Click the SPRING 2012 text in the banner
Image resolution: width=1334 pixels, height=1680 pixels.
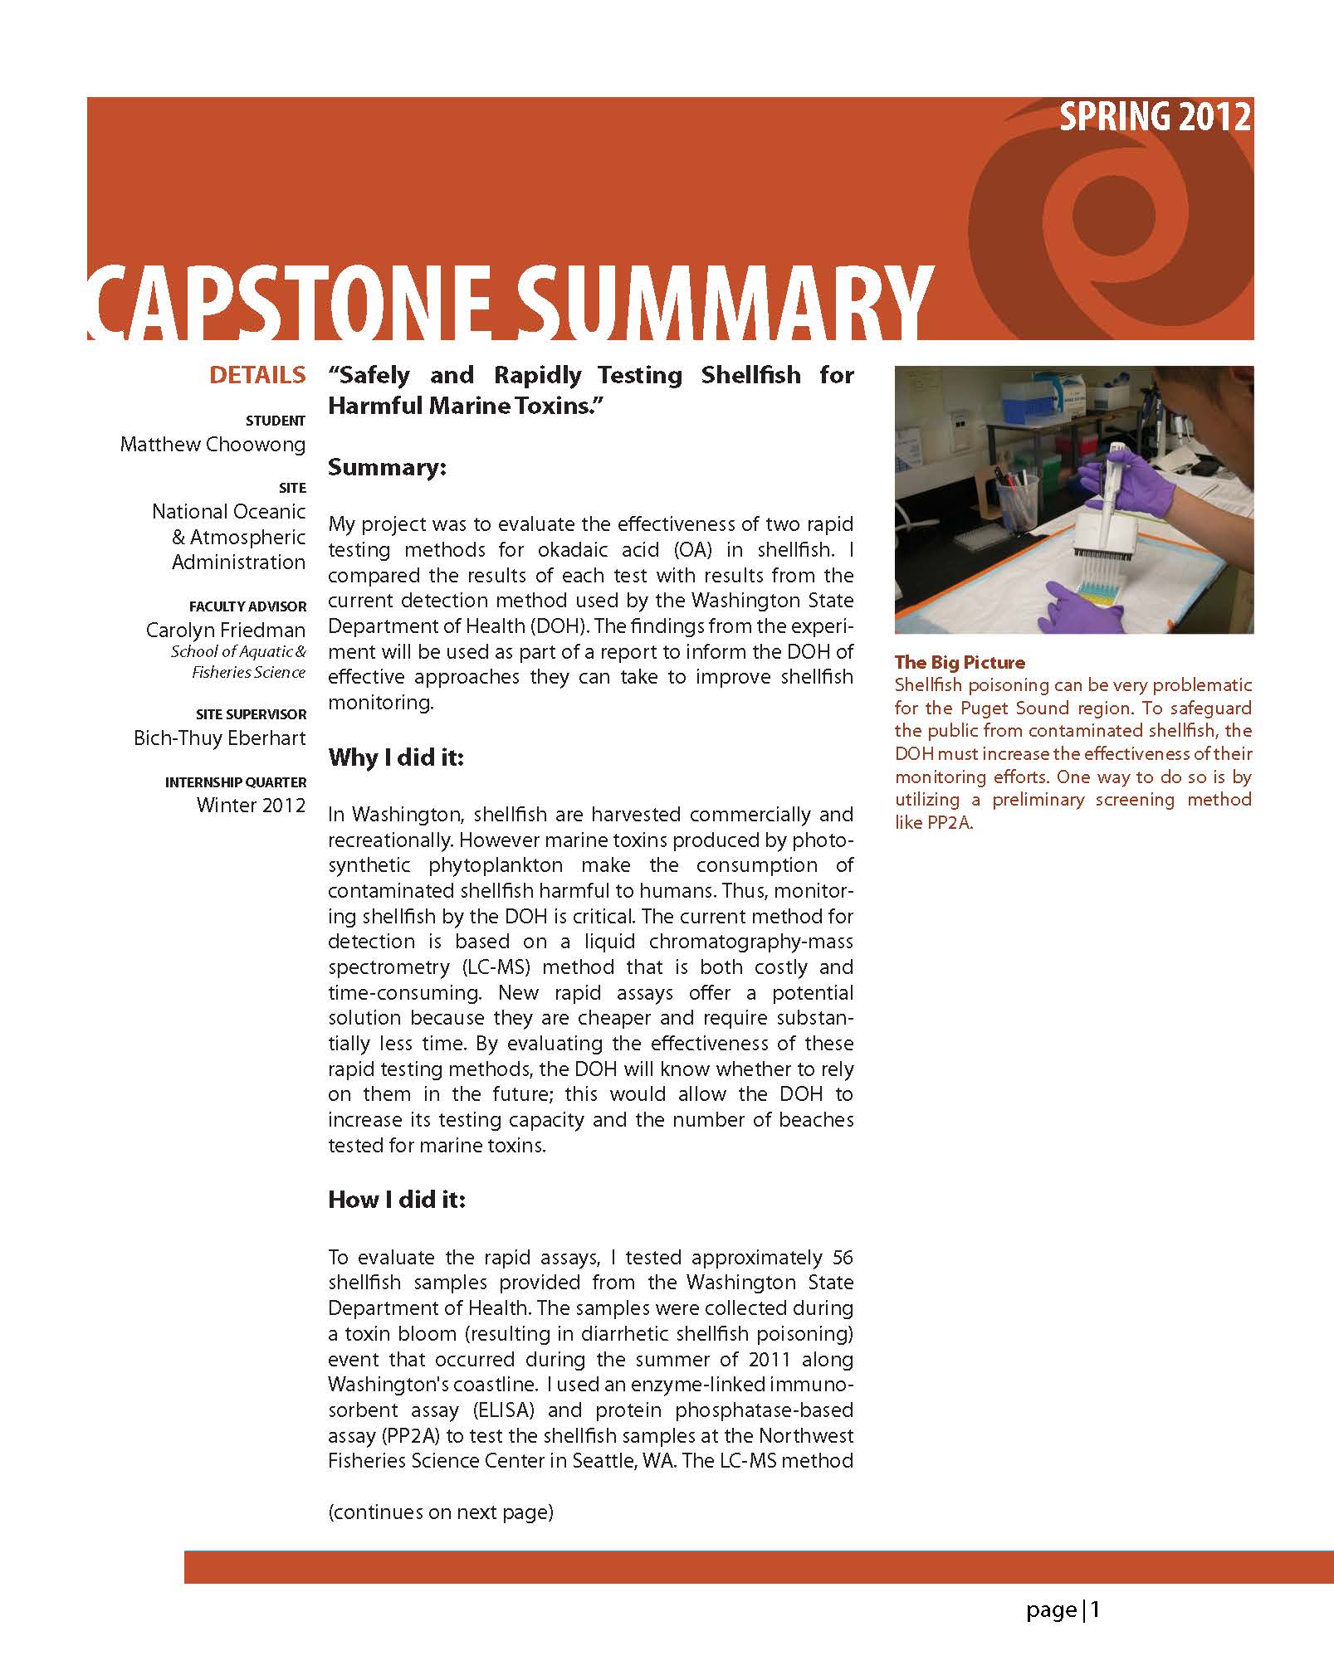pyautogui.click(x=1155, y=117)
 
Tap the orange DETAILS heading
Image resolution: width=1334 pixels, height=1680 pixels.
pyautogui.click(x=257, y=375)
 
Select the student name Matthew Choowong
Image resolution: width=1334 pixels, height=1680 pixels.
pyautogui.click(x=213, y=445)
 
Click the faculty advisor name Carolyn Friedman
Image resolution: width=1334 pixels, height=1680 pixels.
pyautogui.click(x=226, y=631)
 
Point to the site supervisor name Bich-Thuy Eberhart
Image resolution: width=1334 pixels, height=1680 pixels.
pyautogui.click(x=220, y=738)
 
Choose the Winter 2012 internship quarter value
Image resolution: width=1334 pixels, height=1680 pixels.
pyautogui.click(x=251, y=806)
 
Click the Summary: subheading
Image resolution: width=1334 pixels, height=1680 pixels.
pyautogui.click(x=387, y=468)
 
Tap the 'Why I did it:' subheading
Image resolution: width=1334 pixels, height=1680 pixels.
pyautogui.click(x=395, y=757)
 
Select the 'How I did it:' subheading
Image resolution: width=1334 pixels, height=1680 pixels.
pyautogui.click(x=397, y=1200)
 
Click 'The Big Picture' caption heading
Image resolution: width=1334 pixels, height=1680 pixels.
pyautogui.click(x=960, y=662)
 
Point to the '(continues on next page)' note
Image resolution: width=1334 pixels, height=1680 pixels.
pyautogui.click(x=441, y=1512)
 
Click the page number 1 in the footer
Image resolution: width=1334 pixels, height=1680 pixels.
pyautogui.click(x=1096, y=1610)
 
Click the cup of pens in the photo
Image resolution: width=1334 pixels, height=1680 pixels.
pyautogui.click(x=1019, y=496)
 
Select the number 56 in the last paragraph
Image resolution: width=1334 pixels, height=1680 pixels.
pyautogui.click(x=842, y=1258)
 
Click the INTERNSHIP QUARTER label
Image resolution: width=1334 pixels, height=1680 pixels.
pyautogui.click(x=236, y=782)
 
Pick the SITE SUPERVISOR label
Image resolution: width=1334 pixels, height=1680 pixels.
pyautogui.click(x=251, y=714)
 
